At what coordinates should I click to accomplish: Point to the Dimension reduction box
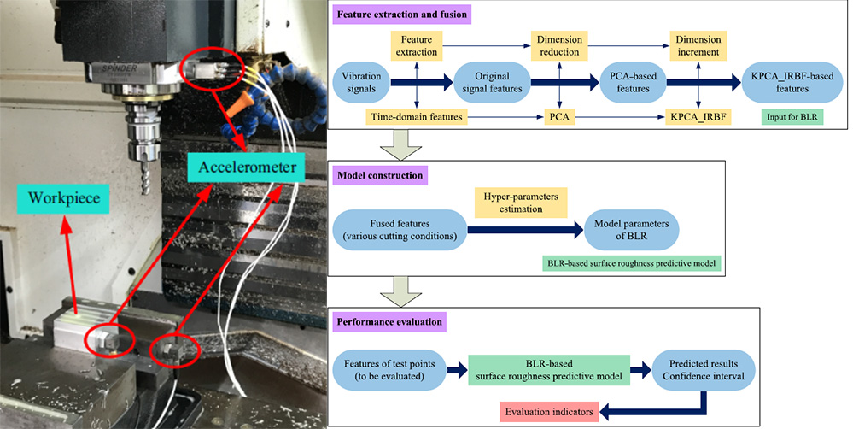(x=557, y=45)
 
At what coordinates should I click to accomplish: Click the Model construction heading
(x=379, y=176)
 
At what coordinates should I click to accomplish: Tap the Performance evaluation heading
(x=389, y=323)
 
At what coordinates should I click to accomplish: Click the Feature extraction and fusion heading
(x=403, y=16)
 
